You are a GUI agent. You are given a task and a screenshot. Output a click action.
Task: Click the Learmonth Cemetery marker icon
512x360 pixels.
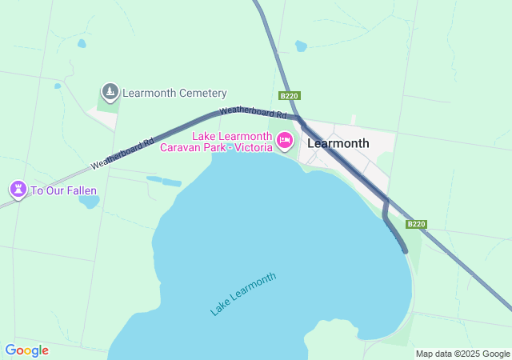(110, 92)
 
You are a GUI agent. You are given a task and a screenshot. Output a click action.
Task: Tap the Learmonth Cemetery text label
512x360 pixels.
(174, 94)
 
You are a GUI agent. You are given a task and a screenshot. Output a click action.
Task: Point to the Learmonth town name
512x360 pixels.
(338, 144)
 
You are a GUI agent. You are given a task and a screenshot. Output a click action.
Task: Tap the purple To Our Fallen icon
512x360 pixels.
(18, 190)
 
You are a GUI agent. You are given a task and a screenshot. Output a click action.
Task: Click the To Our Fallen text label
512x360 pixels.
(64, 190)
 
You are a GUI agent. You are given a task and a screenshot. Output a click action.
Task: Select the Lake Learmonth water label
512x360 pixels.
(243, 294)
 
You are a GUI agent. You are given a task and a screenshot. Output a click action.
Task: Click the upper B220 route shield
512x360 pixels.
(289, 96)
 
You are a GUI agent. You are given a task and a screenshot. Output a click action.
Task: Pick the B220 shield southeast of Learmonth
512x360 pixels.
(416, 225)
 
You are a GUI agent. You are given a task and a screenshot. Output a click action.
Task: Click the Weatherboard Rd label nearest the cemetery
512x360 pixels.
(122, 152)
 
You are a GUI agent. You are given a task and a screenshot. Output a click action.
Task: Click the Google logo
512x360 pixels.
(26, 350)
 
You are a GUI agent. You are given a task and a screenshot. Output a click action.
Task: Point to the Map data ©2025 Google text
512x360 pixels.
(462, 354)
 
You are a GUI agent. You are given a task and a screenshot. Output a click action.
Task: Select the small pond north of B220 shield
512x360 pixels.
(301, 46)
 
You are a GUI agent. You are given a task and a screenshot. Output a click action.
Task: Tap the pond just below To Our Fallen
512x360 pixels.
(89, 201)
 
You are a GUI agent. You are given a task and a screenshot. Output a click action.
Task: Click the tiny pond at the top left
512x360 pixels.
(81, 43)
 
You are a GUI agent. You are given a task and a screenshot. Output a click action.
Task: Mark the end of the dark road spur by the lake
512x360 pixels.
(405, 250)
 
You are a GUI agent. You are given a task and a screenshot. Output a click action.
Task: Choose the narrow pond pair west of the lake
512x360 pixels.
(164, 181)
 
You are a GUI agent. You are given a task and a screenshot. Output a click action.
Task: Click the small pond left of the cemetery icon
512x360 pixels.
(58, 86)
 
